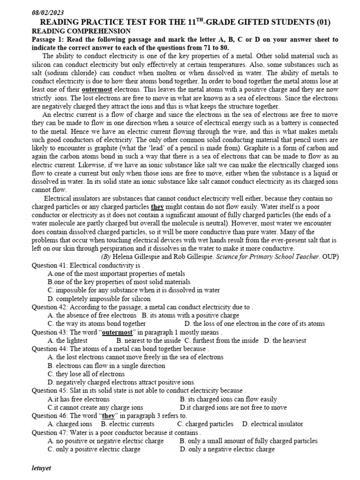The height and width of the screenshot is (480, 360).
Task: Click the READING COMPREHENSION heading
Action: (81, 31)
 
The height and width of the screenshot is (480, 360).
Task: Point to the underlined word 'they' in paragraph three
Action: (157, 206)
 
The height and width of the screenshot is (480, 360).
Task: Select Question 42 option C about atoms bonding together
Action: (97, 323)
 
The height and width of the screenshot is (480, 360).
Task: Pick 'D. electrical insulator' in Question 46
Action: (272, 424)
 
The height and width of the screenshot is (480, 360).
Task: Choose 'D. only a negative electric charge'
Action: (227, 449)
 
